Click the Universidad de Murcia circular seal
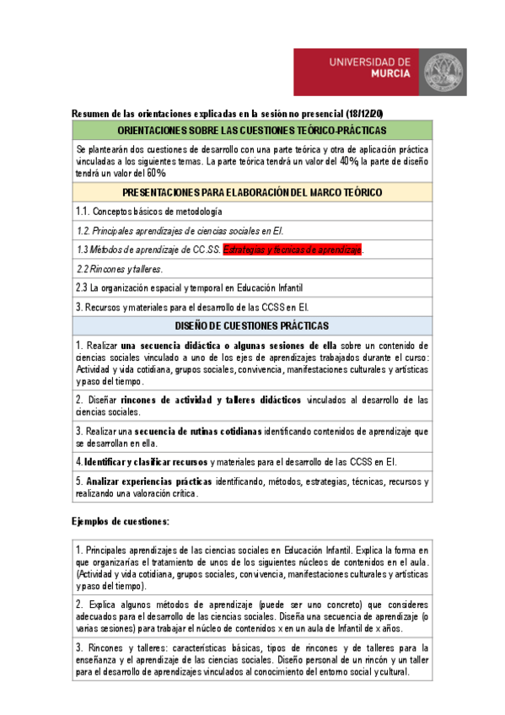click(442, 73)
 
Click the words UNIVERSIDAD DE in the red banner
click(369, 62)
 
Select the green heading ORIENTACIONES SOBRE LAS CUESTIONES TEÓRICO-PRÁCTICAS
click(252, 130)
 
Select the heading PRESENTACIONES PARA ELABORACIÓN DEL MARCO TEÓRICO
click(252, 193)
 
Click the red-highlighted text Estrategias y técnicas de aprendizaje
click(292, 250)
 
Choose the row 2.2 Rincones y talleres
click(120, 269)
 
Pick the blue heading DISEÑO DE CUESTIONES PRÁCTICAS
click(252, 325)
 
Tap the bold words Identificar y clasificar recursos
click(145, 461)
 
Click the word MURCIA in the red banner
click(391, 73)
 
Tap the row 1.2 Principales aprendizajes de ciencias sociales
click(180, 230)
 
